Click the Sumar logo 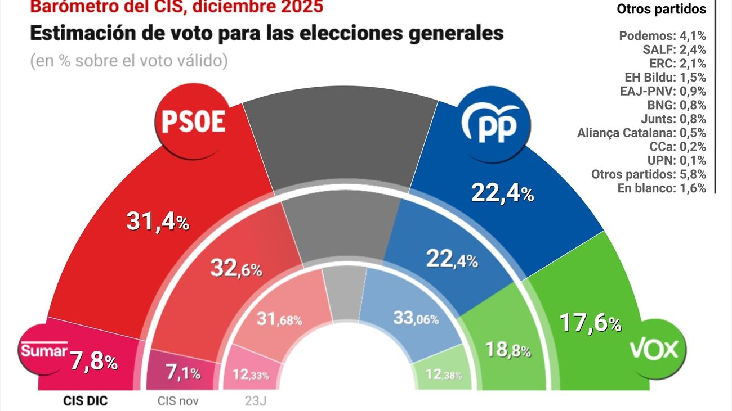coord(44,351)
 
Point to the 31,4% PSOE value coord(157,222)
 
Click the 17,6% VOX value coord(590,323)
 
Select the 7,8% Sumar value coord(93,362)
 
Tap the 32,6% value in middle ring coord(236,268)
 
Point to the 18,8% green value coord(507,350)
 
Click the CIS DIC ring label coord(84,401)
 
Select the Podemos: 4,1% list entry coord(662,36)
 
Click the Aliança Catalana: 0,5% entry coord(641,133)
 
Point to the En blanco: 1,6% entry coord(662,188)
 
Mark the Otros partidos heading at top coord(661,9)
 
